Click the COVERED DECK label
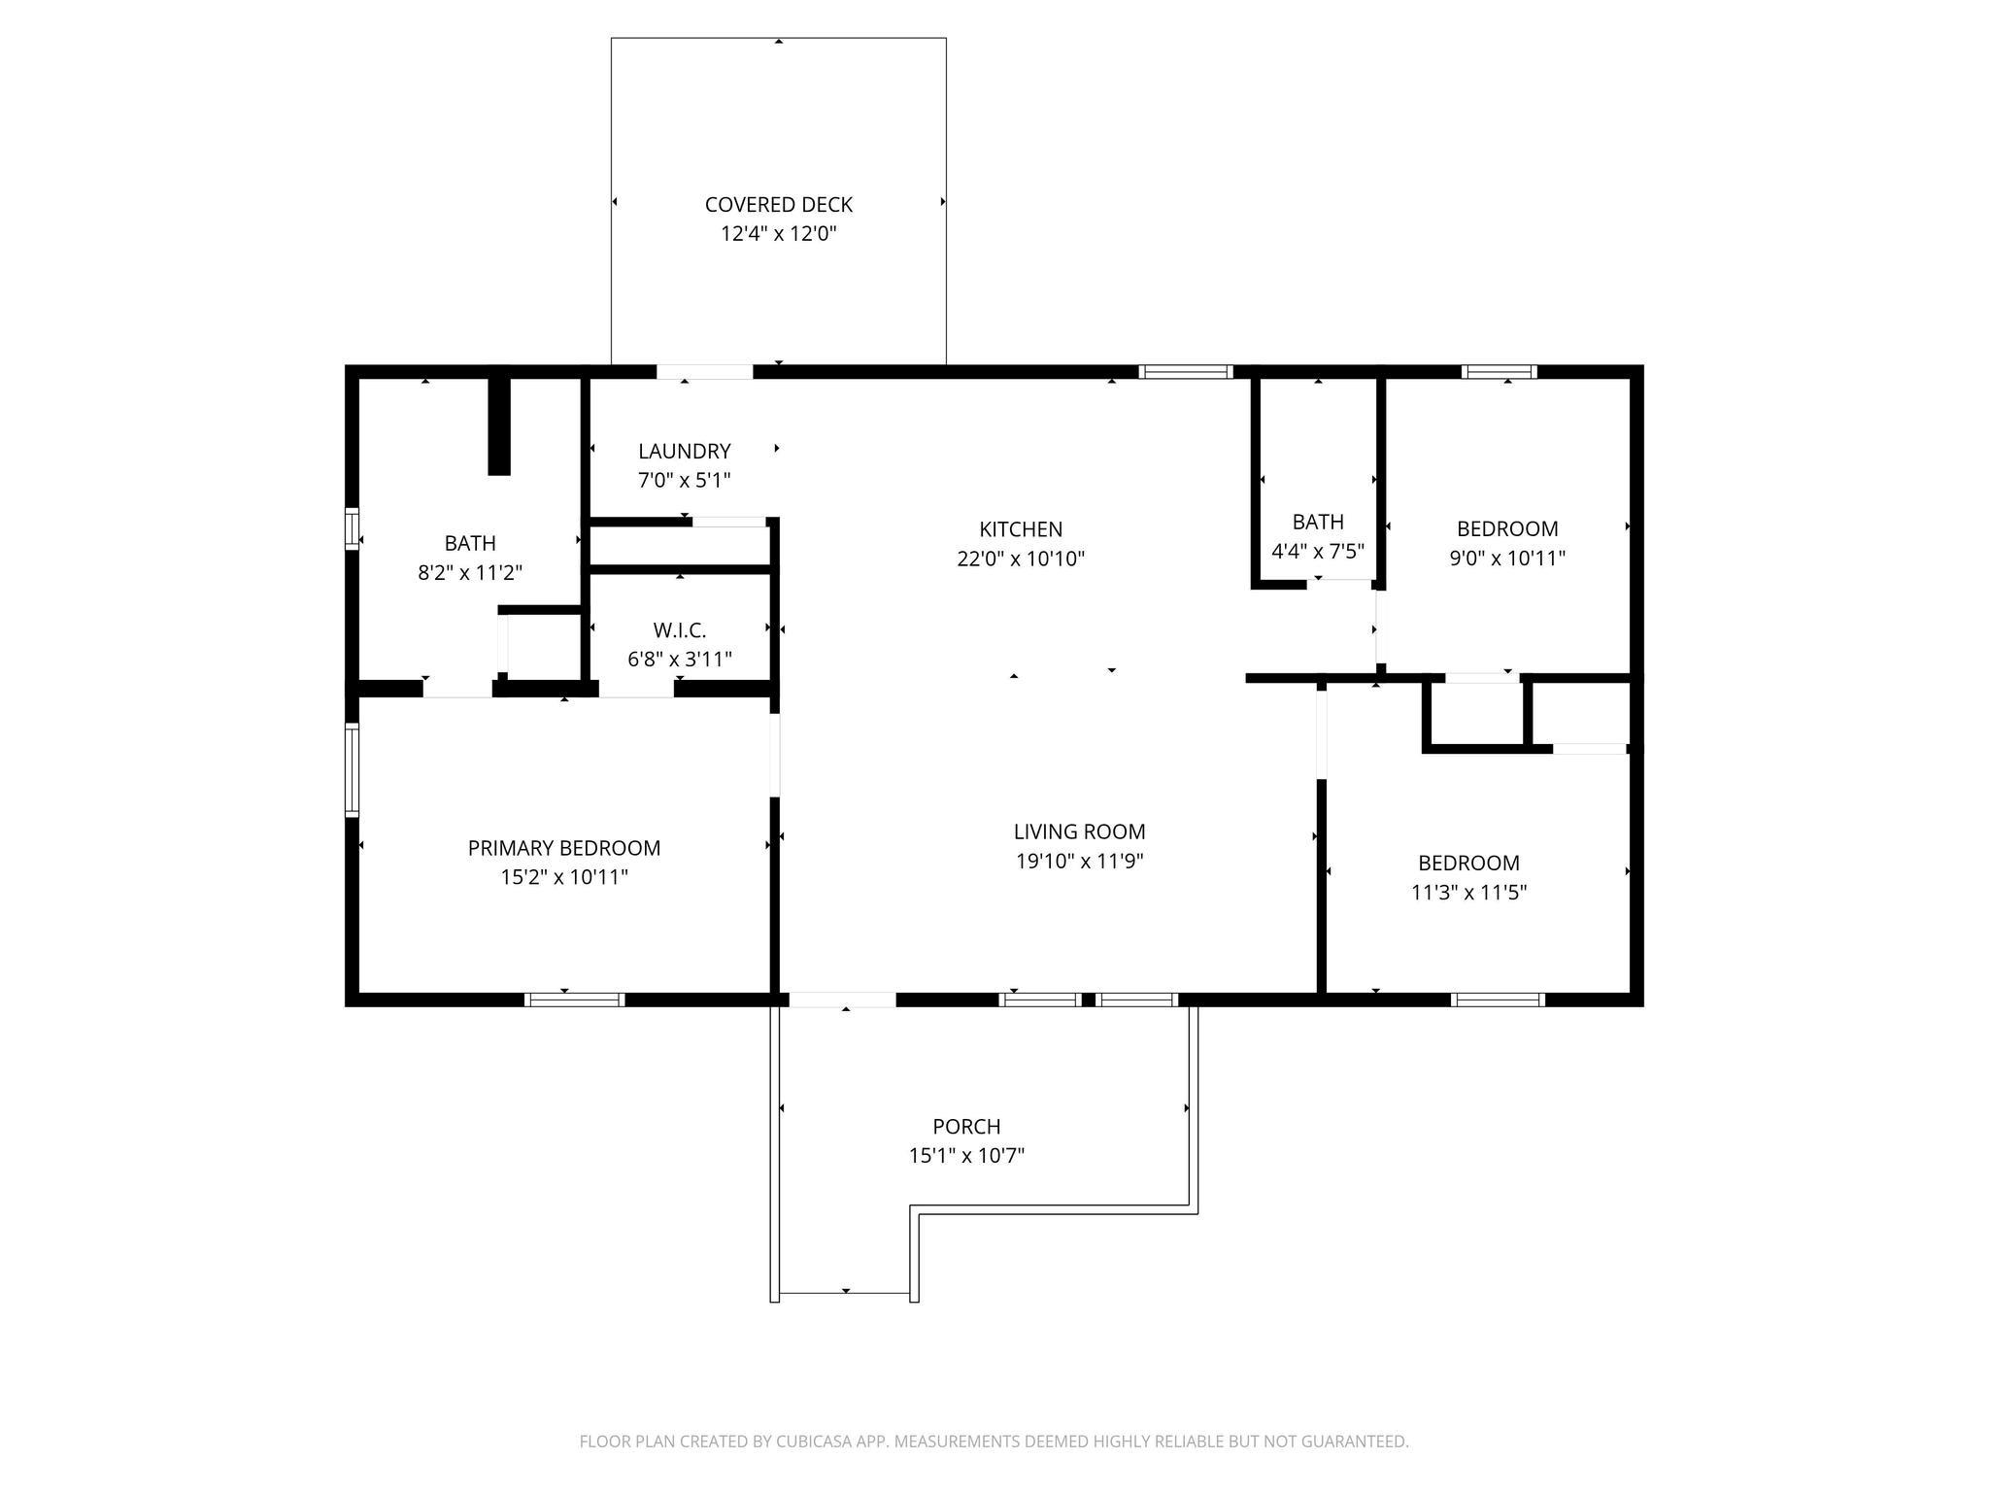coord(778,205)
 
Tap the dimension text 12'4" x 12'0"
coord(778,234)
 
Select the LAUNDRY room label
coord(684,452)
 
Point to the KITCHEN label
coord(1021,529)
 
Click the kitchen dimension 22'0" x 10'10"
coord(1021,559)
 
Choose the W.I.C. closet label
coord(680,630)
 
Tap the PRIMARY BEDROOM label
coord(564,848)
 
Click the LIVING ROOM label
coord(1080,831)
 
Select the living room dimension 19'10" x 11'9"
coord(1080,861)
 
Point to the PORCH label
coord(966,1127)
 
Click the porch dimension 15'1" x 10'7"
coord(966,1156)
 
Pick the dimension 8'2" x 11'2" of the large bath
coord(470,573)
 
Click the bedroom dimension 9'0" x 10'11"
coord(1507,559)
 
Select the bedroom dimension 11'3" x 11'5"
coord(1468,892)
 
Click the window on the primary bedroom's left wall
coord(353,770)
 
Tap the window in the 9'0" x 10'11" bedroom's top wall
coord(1500,371)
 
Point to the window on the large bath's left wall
coord(353,528)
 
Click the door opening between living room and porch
coord(842,1000)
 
